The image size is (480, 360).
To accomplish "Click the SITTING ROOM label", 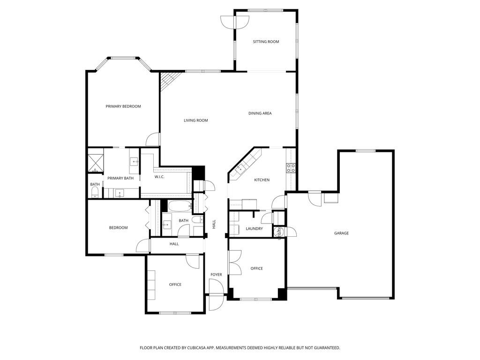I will point(266,42).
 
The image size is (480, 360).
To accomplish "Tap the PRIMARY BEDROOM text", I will point(123,106).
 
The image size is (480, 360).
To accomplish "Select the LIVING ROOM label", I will point(195,120).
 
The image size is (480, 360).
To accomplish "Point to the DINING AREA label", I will point(260,113).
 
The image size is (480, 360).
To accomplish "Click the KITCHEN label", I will point(262,180).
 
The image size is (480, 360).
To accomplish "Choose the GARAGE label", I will point(341,233).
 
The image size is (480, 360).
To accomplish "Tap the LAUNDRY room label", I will point(254,229).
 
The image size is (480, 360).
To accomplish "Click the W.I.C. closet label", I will point(159,177).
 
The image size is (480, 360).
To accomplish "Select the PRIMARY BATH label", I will point(120,178).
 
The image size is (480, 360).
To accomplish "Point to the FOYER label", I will point(216,275).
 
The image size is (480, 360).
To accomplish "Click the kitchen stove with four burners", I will point(291,168).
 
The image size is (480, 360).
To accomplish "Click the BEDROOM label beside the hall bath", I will point(118,228).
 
